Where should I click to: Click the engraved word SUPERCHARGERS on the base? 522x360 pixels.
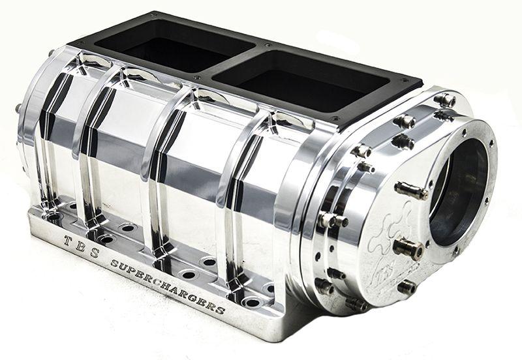[x=168, y=286]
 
